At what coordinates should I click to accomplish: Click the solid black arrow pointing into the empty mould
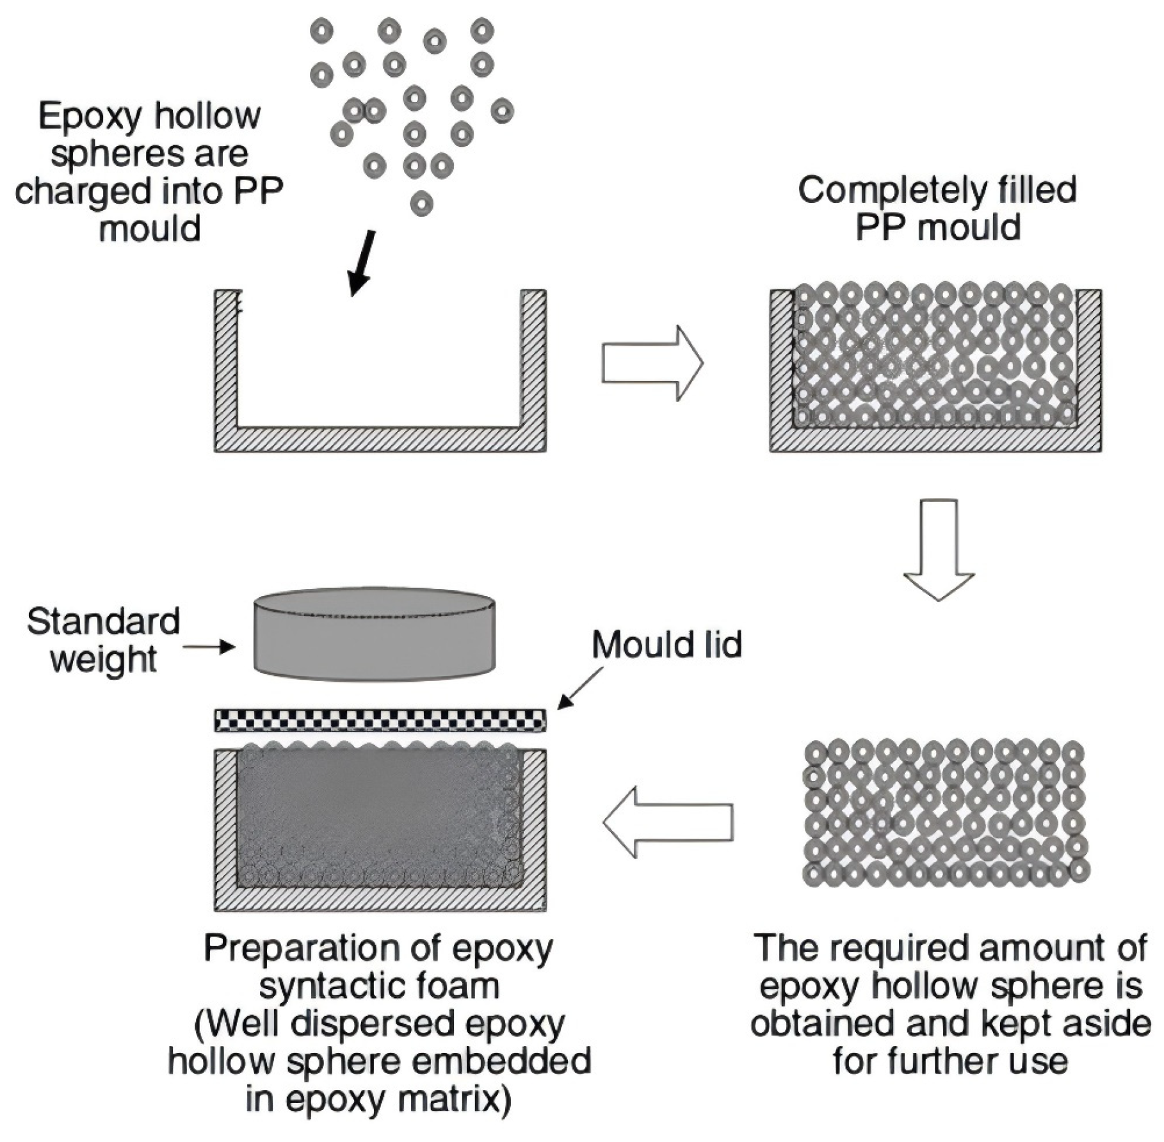pos(362,264)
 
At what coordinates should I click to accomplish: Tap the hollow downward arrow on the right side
pos(939,550)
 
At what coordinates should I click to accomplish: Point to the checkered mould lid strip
pos(380,720)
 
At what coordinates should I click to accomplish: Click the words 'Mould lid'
pos(667,645)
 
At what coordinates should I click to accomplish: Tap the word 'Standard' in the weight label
pos(103,622)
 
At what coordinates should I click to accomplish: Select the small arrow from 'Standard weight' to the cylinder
pos(209,647)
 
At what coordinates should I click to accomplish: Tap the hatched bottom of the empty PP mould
pos(380,440)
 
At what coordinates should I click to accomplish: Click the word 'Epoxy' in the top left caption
pos(90,117)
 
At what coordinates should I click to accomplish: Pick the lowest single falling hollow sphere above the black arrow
pos(421,204)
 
